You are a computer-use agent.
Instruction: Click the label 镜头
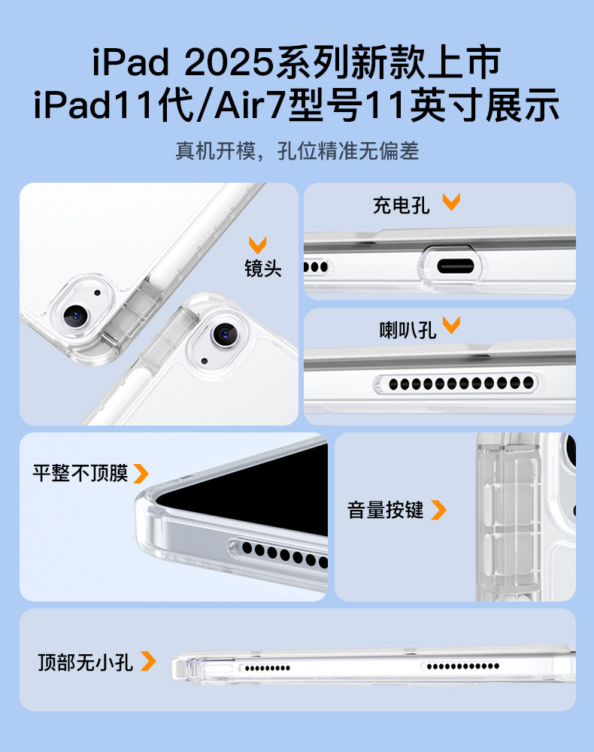262,268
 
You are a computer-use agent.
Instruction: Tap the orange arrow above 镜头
257,245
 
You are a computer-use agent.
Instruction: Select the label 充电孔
401,205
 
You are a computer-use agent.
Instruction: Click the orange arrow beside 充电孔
451,202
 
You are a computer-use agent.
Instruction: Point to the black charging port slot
456,266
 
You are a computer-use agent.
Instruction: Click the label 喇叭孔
408,330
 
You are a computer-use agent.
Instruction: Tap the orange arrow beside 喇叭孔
451,325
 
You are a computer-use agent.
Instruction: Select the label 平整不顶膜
80,473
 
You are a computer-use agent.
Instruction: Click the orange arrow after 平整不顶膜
141,473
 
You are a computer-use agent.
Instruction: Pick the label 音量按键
386,510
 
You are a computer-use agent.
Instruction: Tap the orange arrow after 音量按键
438,510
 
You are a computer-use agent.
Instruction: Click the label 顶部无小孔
85,662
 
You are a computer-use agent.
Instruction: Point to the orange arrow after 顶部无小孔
148,661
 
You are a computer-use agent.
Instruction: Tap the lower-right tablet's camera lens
226,335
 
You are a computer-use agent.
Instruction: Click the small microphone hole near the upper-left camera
98,293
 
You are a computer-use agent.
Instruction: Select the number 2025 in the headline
229,62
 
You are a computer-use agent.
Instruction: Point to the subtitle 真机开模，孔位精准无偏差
297,151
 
